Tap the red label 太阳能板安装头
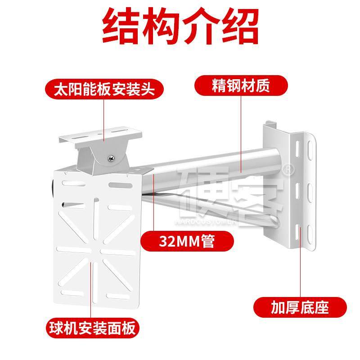pos(104,89)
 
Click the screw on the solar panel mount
pos(110,157)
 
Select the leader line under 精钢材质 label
pos(241,135)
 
